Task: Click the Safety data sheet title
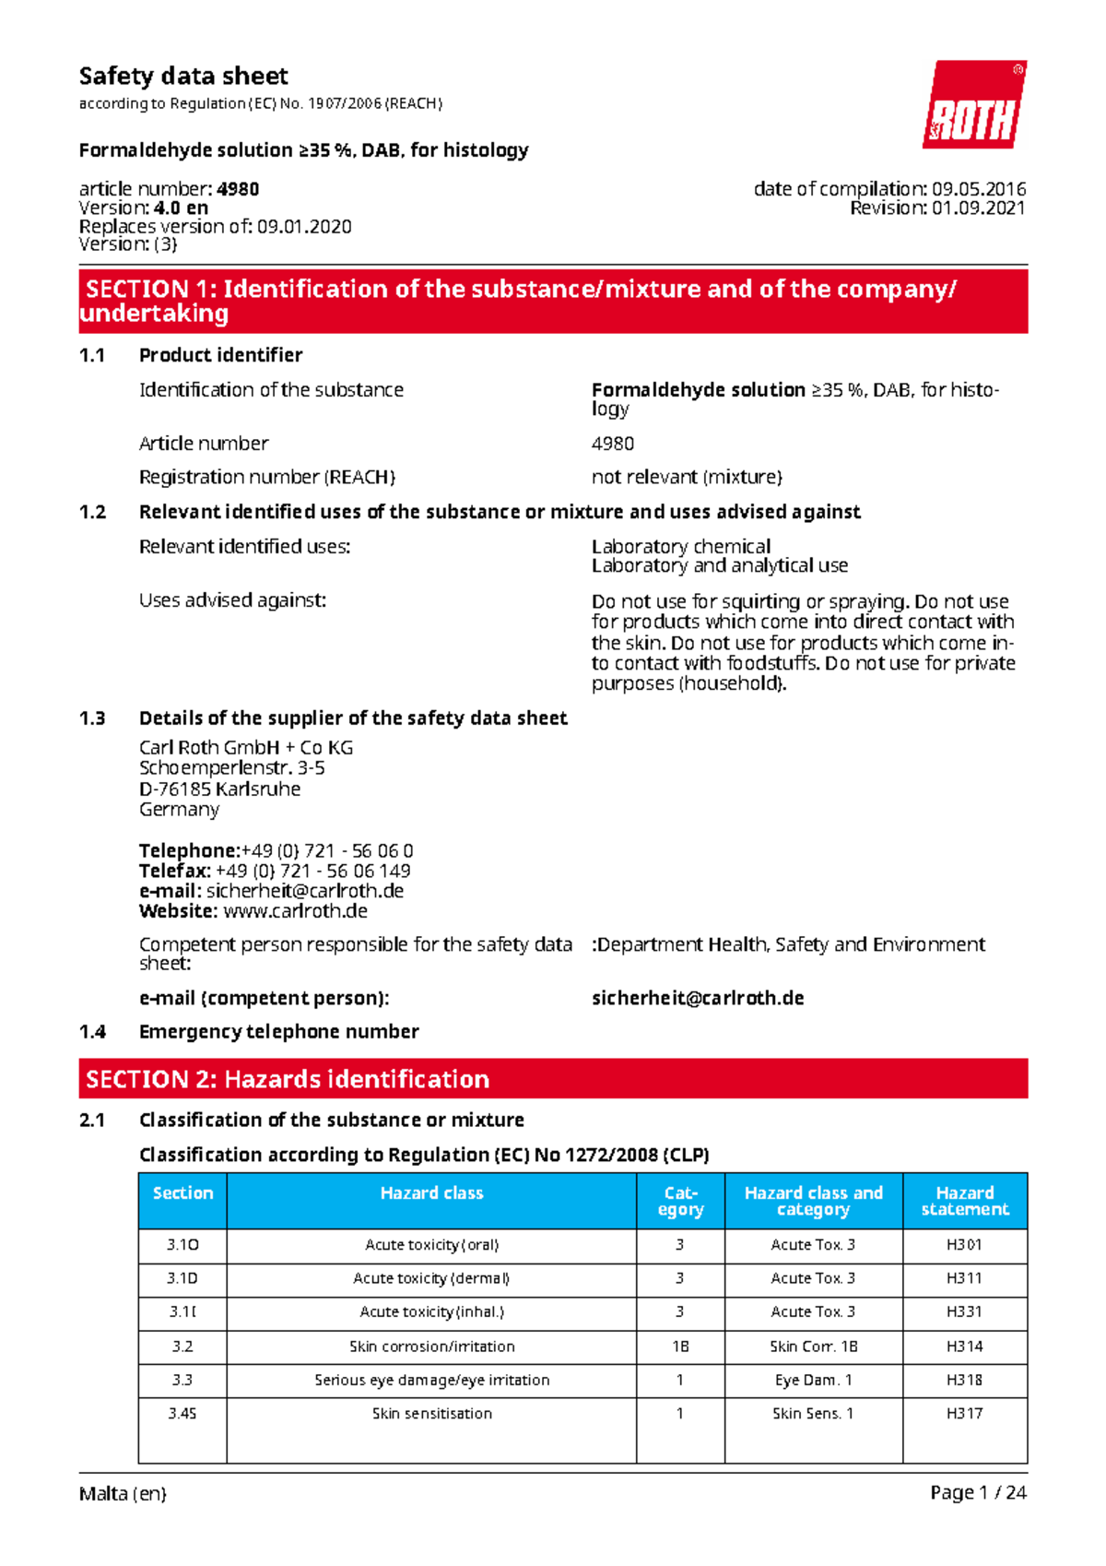(x=183, y=77)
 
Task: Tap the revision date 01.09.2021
(x=978, y=208)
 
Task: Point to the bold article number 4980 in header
(x=238, y=189)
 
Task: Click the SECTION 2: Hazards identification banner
(x=553, y=1079)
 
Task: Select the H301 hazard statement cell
(x=964, y=1245)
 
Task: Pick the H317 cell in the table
(x=964, y=1414)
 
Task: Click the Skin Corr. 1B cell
(x=813, y=1347)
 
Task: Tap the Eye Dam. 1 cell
(x=813, y=1381)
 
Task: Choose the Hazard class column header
(x=431, y=1193)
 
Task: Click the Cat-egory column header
(x=680, y=1201)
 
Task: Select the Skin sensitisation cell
(x=431, y=1414)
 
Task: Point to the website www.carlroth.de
(x=295, y=912)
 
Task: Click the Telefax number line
(x=275, y=872)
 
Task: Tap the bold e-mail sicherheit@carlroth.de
(x=698, y=999)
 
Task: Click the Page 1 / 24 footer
(x=978, y=1493)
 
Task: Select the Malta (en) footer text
(x=123, y=1494)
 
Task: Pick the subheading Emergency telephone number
(x=278, y=1032)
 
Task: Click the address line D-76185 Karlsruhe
(x=219, y=789)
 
